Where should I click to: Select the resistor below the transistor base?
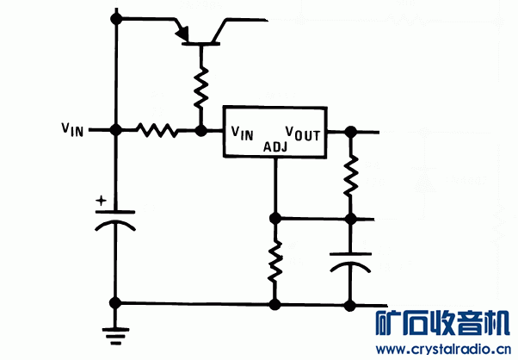[201, 87]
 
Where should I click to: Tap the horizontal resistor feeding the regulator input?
[157, 131]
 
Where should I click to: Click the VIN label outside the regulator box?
[73, 130]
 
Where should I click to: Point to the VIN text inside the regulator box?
[242, 133]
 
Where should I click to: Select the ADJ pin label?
[275, 146]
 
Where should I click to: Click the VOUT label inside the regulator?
[303, 133]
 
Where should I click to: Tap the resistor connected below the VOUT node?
[350, 175]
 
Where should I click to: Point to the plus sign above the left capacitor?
[102, 201]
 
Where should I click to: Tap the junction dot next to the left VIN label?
[114, 131]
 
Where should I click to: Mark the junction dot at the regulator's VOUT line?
[350, 132]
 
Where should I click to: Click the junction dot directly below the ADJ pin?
[275, 218]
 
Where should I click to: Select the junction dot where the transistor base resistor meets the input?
[201, 131]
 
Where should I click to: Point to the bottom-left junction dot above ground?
[114, 303]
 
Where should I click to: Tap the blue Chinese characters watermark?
[446, 324]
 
